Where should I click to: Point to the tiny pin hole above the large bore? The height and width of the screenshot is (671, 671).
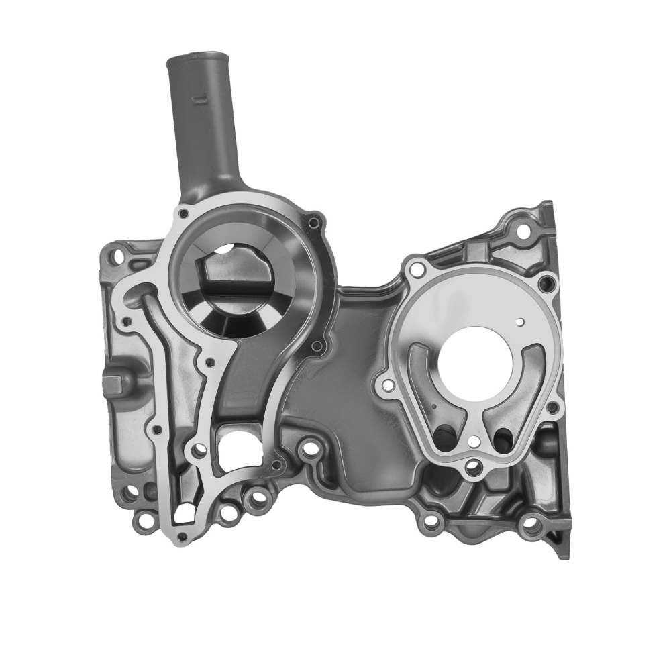tap(520, 322)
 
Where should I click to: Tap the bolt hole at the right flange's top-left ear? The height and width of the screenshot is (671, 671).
tap(417, 270)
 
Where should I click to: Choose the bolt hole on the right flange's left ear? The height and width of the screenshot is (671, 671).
tap(387, 385)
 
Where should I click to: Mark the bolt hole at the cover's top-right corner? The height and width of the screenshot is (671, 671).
tap(523, 231)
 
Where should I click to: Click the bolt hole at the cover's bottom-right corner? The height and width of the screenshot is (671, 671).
tap(532, 524)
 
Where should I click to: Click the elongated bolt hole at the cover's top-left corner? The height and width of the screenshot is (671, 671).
tap(118, 256)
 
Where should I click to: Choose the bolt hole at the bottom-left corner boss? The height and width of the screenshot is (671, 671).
tap(143, 519)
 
